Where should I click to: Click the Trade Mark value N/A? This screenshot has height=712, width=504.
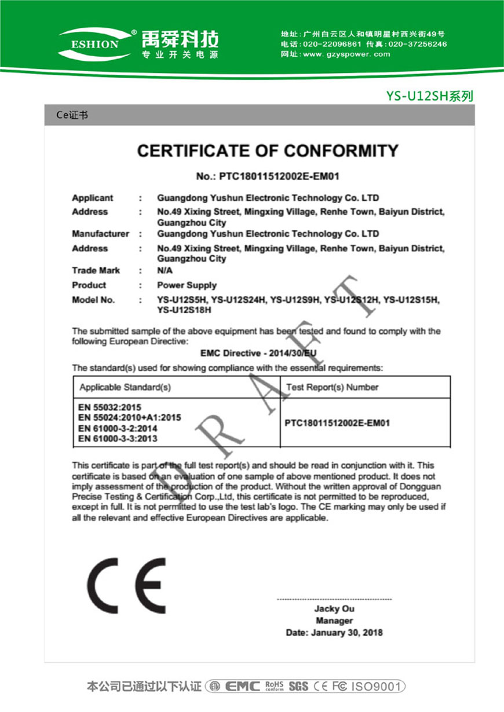click(x=165, y=270)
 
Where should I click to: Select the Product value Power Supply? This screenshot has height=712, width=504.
click(x=187, y=285)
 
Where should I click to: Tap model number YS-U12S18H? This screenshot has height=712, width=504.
click(x=184, y=310)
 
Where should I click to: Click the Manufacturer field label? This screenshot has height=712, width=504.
click(x=100, y=234)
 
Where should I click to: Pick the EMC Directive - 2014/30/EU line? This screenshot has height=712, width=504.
click(x=258, y=353)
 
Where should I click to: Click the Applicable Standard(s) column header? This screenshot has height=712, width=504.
click(x=125, y=387)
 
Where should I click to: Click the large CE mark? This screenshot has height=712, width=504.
click(x=126, y=586)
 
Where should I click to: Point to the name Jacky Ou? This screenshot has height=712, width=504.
click(x=334, y=609)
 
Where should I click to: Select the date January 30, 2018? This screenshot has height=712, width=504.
click(x=346, y=633)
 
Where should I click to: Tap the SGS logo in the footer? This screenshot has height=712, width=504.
click(x=298, y=687)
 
